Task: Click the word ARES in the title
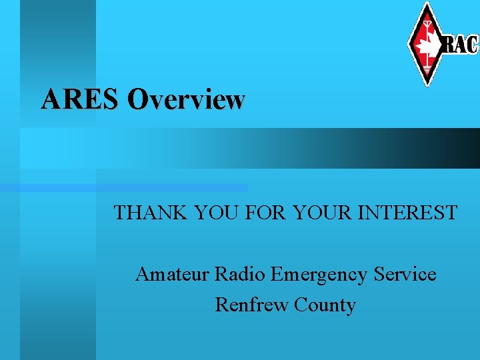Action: pyautogui.click(x=80, y=99)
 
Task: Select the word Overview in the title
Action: pyautogui.click(x=186, y=99)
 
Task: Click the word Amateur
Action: pyautogui.click(x=172, y=274)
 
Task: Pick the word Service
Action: pyautogui.click(x=405, y=274)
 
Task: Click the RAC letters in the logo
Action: pyautogui.click(x=461, y=44)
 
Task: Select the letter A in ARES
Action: pyautogui.click(x=51, y=99)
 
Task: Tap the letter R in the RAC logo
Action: pyautogui.click(x=449, y=44)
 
